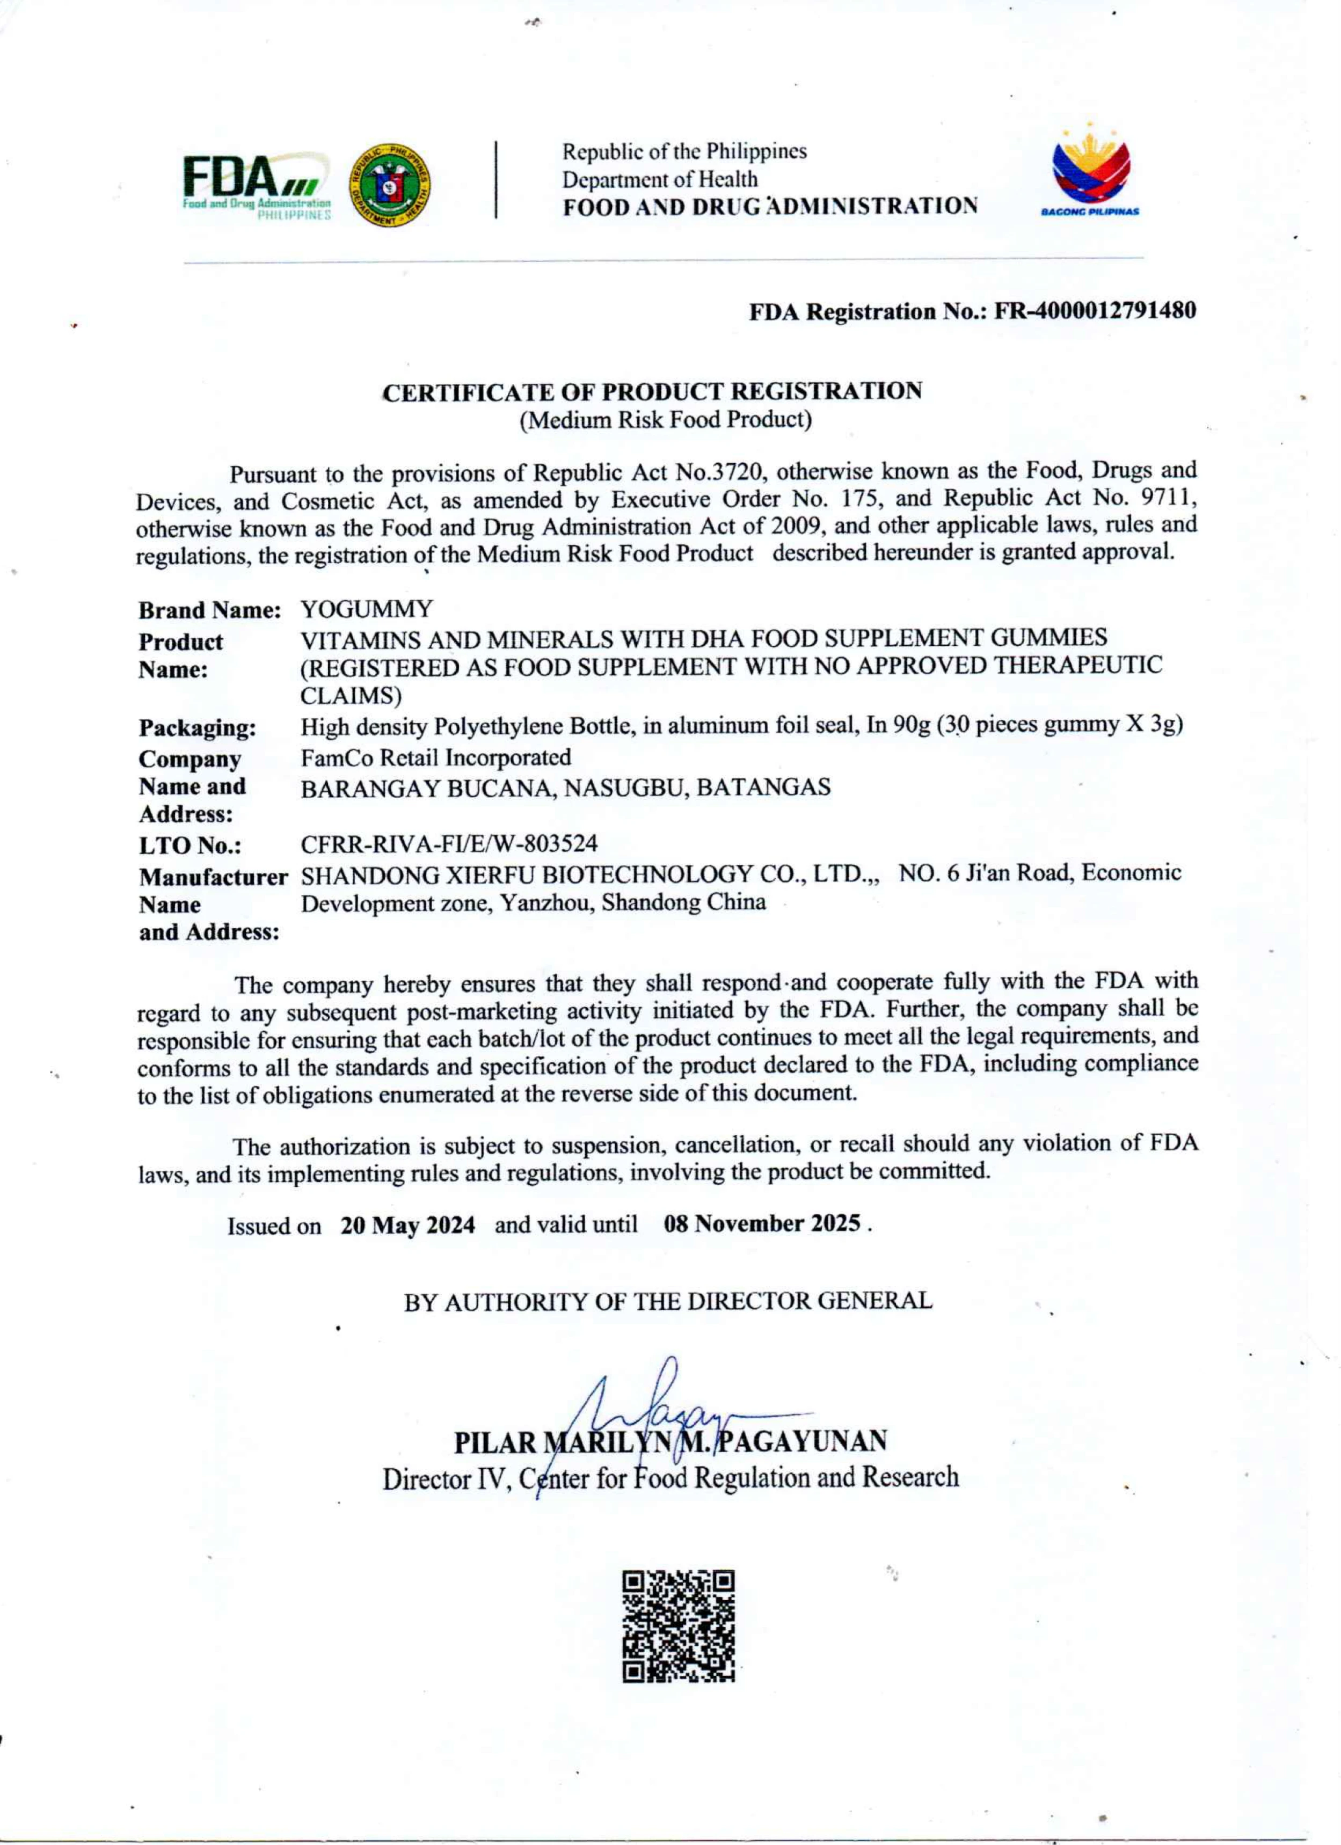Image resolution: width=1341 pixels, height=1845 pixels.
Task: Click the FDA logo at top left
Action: pos(256,186)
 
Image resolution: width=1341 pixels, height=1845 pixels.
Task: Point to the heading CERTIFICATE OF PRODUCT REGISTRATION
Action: pos(653,391)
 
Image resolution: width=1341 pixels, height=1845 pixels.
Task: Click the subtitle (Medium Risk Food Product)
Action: pos(666,420)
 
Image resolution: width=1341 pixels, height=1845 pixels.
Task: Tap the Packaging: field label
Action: pos(197,727)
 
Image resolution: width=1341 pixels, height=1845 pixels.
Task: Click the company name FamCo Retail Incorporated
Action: pos(435,757)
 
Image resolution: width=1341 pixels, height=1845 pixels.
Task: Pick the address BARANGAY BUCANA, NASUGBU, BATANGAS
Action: pos(565,787)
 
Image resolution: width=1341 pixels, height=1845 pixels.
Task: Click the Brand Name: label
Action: pos(209,610)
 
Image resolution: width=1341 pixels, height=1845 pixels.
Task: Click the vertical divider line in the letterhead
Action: pos(495,180)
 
